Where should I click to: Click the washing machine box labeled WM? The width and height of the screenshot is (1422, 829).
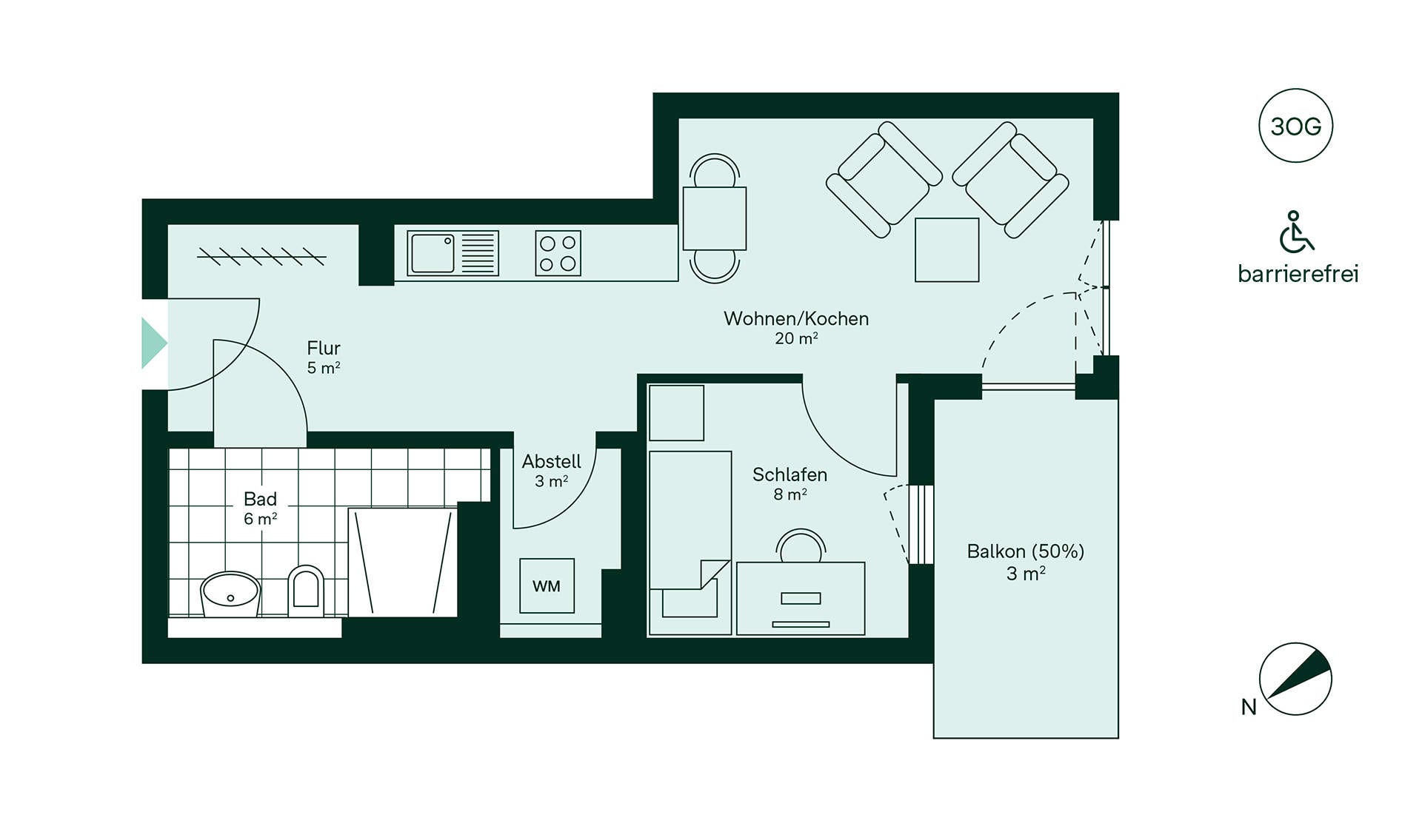(547, 585)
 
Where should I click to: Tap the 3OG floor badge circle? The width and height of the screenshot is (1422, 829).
(1295, 126)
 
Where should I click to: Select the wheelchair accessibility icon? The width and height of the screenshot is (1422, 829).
(1296, 232)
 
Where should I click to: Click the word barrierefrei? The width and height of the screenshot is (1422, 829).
(1298, 274)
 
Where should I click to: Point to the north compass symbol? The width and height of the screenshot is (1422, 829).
(1295, 679)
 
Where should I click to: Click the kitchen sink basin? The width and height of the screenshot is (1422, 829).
(433, 253)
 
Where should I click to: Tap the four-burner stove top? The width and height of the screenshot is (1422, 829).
(558, 253)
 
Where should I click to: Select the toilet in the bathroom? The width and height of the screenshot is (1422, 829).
(306, 591)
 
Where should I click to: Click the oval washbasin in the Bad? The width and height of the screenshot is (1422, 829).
(230, 594)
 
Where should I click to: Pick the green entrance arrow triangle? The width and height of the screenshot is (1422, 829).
(153, 343)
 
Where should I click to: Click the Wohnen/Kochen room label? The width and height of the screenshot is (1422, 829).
(796, 327)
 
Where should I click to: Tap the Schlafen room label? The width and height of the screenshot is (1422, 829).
(790, 483)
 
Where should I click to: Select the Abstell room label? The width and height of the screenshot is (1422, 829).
(551, 471)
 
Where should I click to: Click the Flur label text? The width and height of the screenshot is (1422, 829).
(324, 357)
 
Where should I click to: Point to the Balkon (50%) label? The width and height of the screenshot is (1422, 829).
(1026, 561)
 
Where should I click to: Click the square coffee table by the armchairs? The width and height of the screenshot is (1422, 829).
(947, 249)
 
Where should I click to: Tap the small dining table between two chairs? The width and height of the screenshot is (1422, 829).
(714, 218)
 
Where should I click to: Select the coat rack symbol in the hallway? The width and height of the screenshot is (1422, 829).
(261, 257)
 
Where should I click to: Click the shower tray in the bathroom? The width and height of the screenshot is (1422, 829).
(402, 563)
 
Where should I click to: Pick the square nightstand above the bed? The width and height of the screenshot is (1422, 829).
(676, 412)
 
